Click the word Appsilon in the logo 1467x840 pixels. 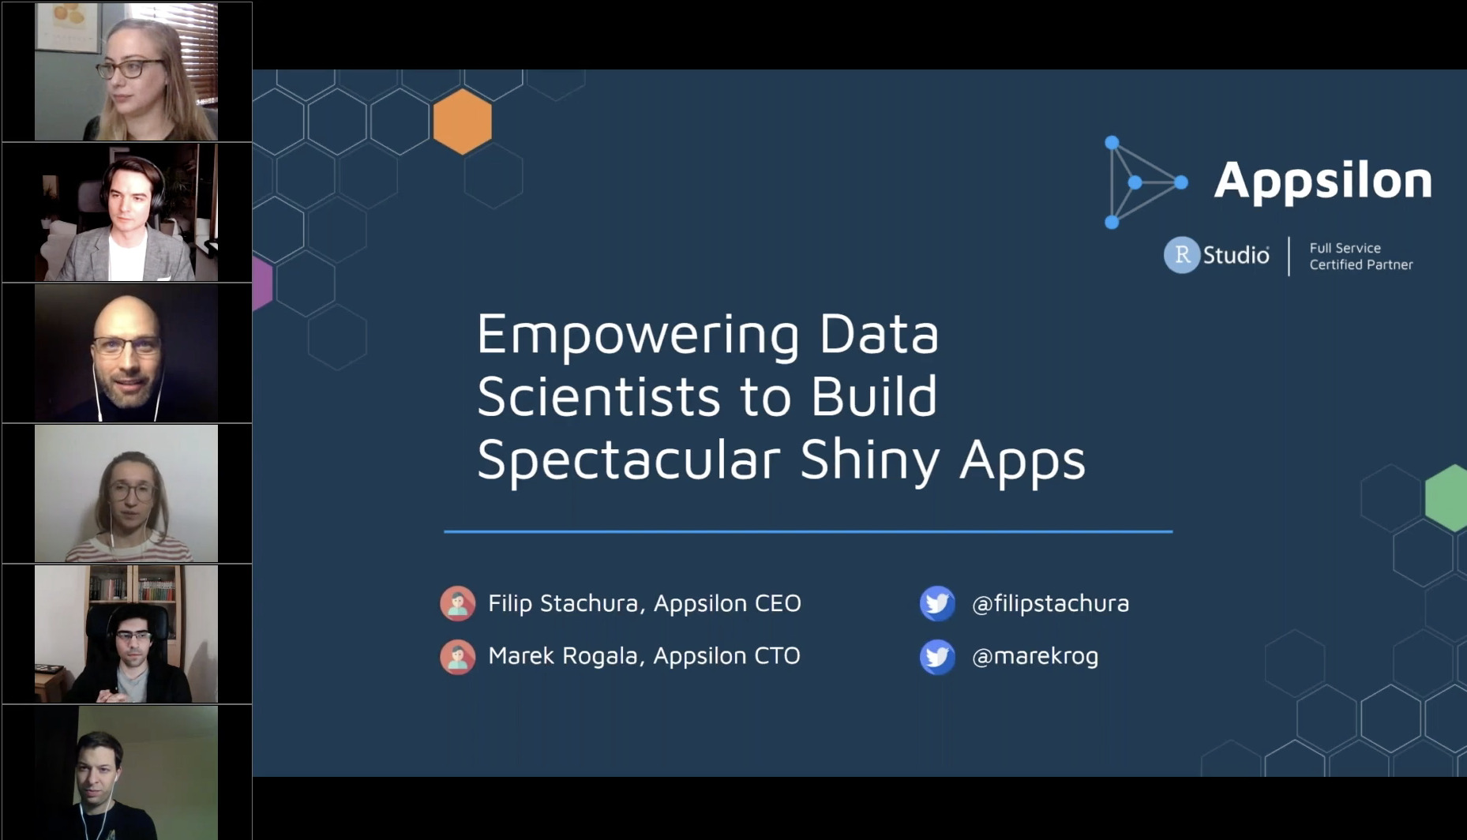click(x=1323, y=181)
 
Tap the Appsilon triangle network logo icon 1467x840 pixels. click(x=1144, y=182)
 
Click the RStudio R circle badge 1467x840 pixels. click(x=1181, y=255)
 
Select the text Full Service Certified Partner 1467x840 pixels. click(x=1360, y=257)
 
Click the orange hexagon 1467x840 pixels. click(x=463, y=122)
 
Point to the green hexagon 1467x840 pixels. click(x=1448, y=497)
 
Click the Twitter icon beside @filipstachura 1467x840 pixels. click(x=937, y=603)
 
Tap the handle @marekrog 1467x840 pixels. click(x=1034, y=656)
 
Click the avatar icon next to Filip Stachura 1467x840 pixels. click(x=458, y=603)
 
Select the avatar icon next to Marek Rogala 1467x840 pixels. click(x=458, y=656)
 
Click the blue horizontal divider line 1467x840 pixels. click(x=808, y=531)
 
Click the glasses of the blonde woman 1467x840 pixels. click(x=131, y=68)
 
